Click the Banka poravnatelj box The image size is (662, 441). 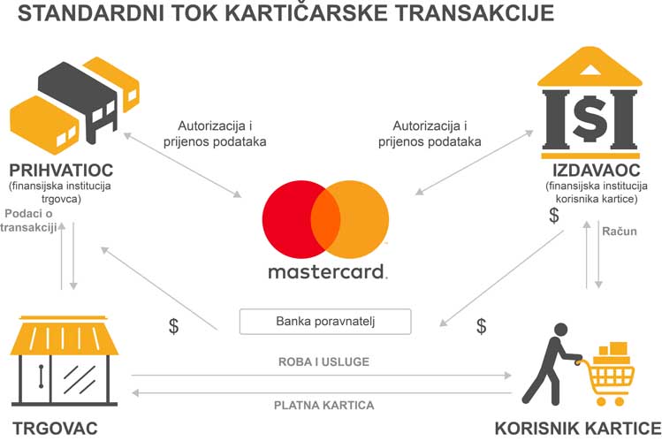(325, 322)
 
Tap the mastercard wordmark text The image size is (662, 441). (327, 272)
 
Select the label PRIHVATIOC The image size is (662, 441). (61, 170)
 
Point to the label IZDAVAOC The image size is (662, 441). (596, 170)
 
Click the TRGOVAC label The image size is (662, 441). (56, 429)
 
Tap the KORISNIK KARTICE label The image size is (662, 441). (578, 429)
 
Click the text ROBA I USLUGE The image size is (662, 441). (323, 361)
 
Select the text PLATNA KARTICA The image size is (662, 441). (323, 405)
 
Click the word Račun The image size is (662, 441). (620, 232)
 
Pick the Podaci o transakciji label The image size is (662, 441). (28, 220)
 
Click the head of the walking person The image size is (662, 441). (560, 330)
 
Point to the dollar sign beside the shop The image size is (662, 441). (173, 326)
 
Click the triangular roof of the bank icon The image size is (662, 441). (590, 67)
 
